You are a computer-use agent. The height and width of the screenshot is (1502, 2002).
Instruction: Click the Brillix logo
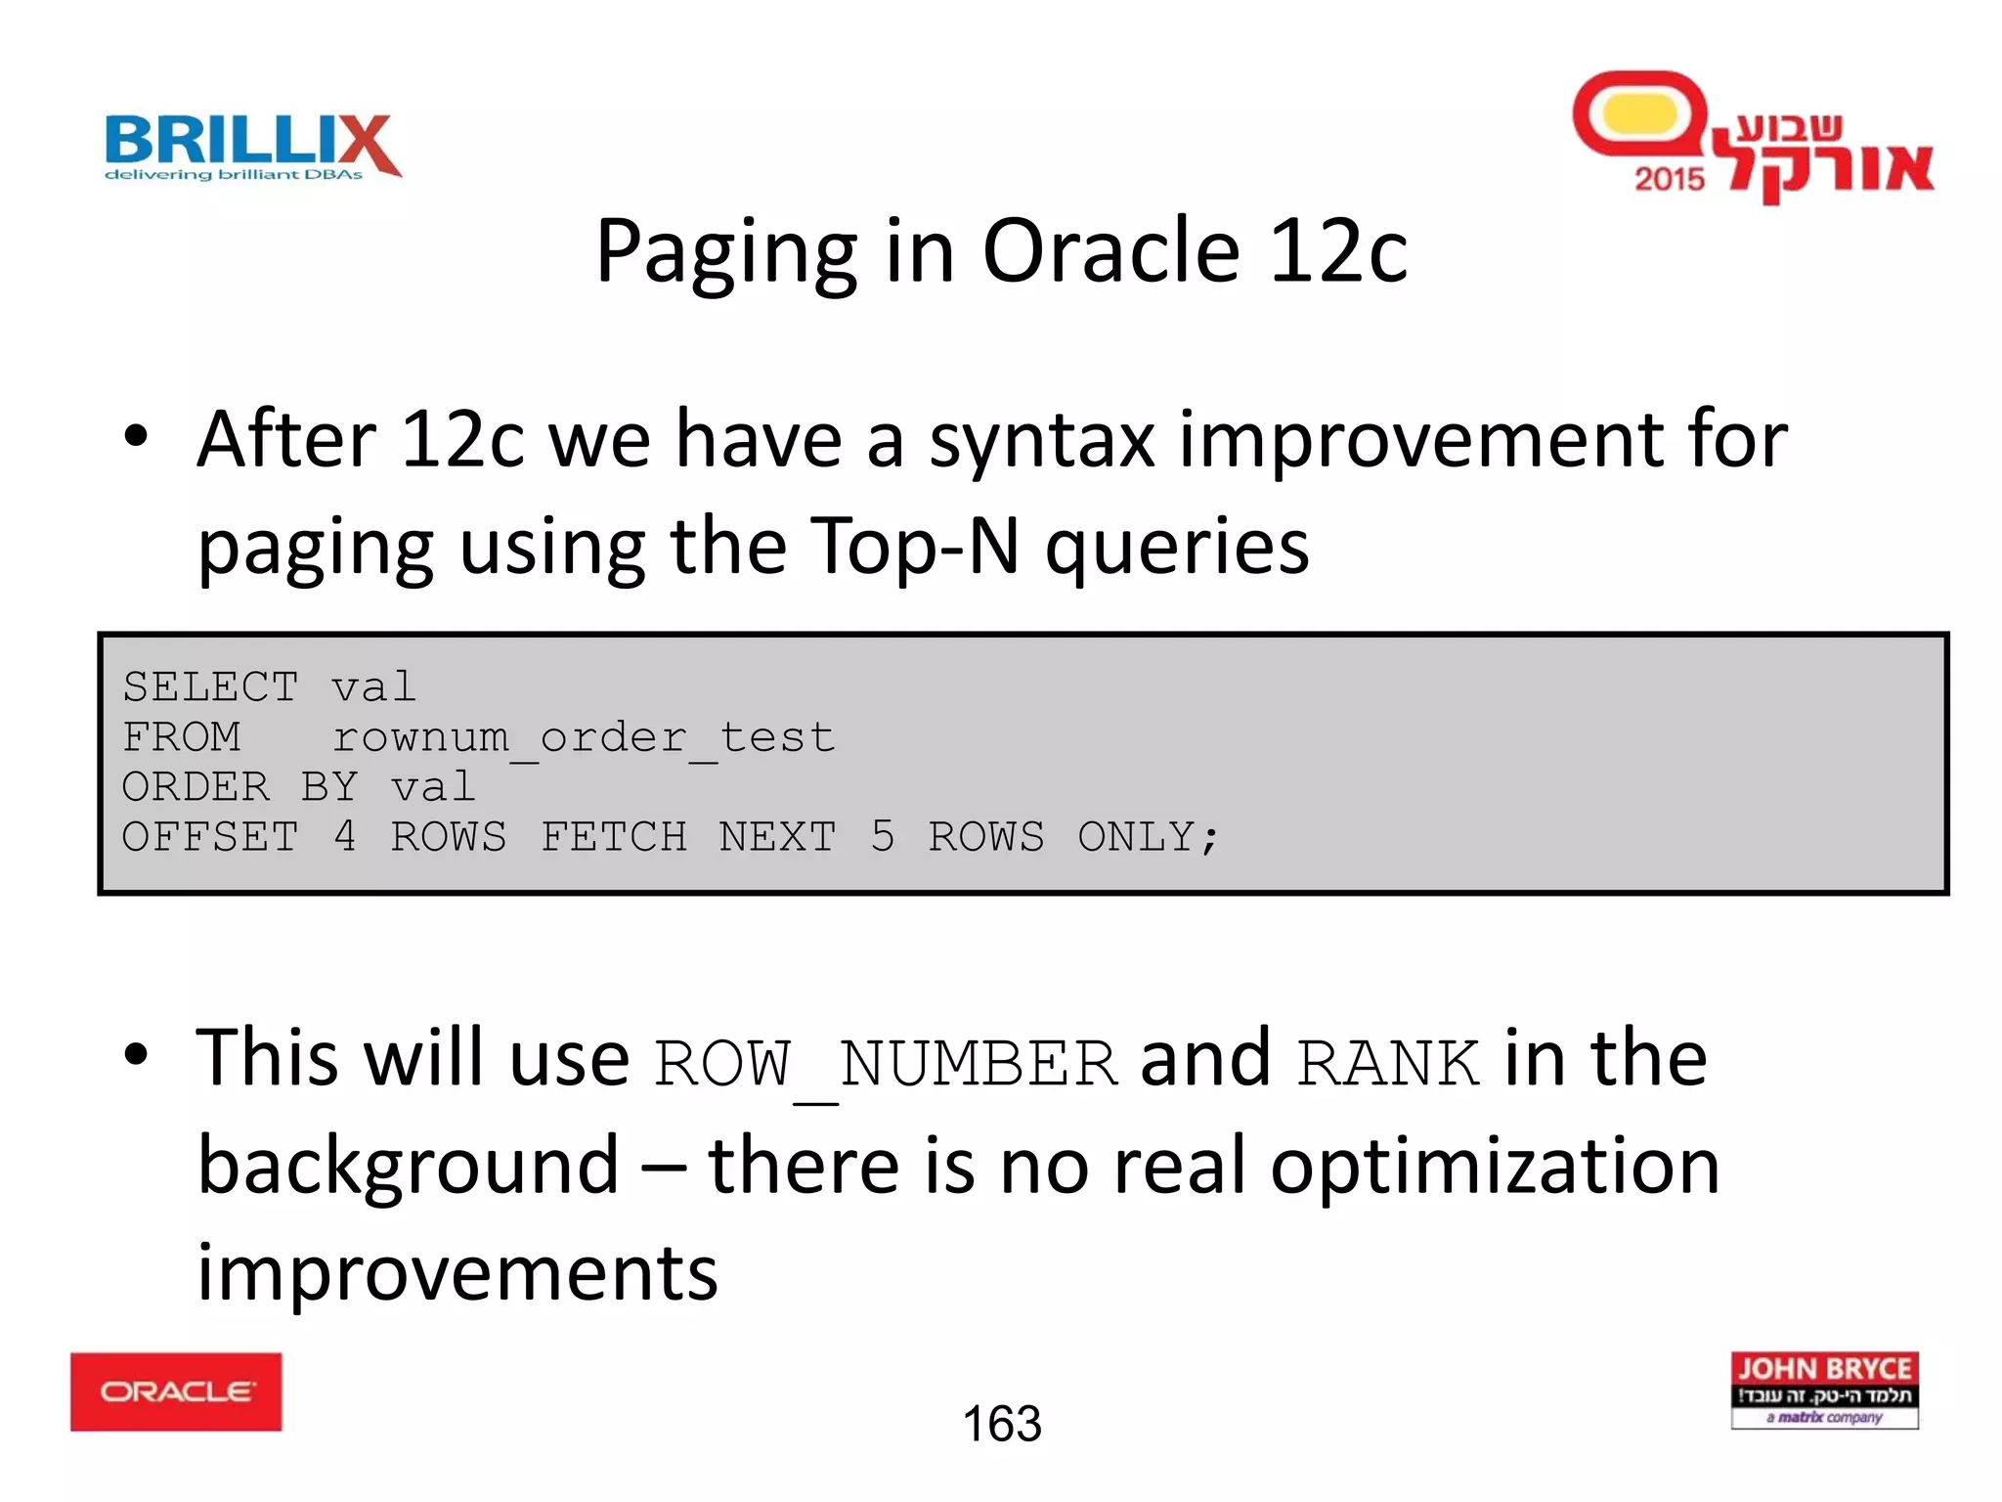pyautogui.click(x=252, y=147)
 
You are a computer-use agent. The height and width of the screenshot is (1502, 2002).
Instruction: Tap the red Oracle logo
pyautogui.click(x=176, y=1392)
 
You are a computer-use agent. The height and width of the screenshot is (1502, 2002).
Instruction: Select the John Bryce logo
pyautogui.click(x=1824, y=1390)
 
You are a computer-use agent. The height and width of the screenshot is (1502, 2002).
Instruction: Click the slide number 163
pyautogui.click(x=1002, y=1424)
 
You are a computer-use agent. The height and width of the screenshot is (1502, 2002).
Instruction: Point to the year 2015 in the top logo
pyautogui.click(x=1669, y=179)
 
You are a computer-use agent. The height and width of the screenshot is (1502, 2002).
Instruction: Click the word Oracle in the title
pyautogui.click(x=1110, y=251)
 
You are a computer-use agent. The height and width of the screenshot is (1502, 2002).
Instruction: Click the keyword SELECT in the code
pyautogui.click(x=210, y=686)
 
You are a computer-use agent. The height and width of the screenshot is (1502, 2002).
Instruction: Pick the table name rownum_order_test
pyautogui.click(x=584, y=737)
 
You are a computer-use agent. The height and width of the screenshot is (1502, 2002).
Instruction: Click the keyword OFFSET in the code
pyautogui.click(x=210, y=837)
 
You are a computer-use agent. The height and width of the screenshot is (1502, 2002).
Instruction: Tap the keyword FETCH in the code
pyautogui.click(x=614, y=837)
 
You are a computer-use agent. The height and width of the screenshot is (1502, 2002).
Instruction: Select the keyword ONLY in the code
pyautogui.click(x=1148, y=837)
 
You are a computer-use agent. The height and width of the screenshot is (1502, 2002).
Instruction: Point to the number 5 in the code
pyautogui.click(x=882, y=837)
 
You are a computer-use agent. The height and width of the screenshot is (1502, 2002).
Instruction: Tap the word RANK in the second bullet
pyautogui.click(x=1387, y=1065)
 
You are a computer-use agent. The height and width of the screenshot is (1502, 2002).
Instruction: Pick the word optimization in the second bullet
pyautogui.click(x=1495, y=1168)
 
